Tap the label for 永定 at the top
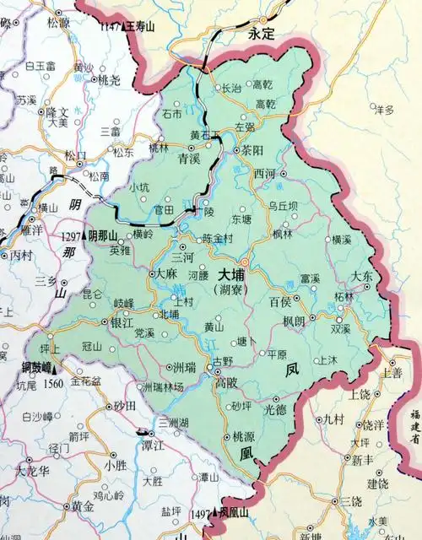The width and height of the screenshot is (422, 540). click(262, 38)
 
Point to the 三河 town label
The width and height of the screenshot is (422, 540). click(183, 256)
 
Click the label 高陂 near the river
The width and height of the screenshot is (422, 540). click(226, 382)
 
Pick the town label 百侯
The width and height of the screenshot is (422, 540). click(280, 301)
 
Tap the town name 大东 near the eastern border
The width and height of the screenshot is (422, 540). click(363, 277)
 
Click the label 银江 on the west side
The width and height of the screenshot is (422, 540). click(122, 322)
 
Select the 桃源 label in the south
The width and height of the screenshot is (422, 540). click(243, 437)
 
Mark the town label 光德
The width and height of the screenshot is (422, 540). click(276, 409)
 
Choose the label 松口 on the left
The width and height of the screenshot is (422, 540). click(75, 155)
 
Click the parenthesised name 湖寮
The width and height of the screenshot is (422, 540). click(230, 290)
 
